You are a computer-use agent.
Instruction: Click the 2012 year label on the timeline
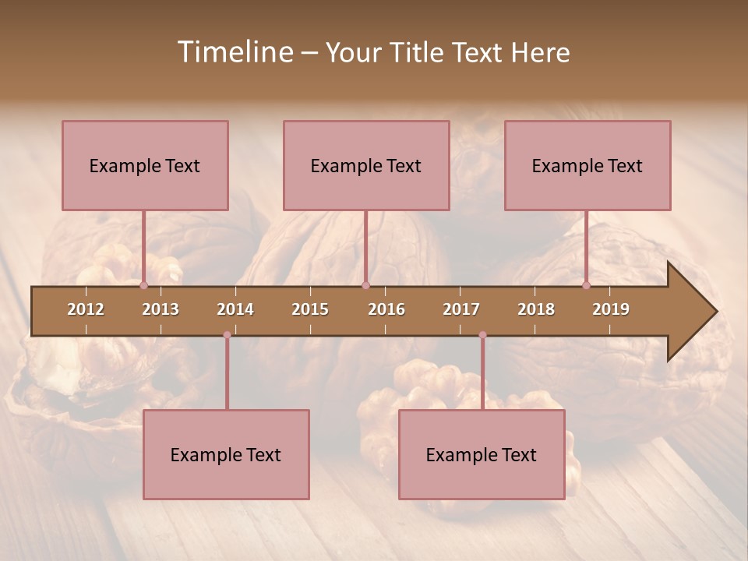click(x=86, y=309)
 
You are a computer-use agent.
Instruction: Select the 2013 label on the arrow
click(x=161, y=309)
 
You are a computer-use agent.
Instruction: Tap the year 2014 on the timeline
click(x=235, y=309)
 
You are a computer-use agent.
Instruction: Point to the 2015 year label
click(x=310, y=309)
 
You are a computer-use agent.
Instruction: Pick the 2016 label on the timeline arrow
click(x=386, y=309)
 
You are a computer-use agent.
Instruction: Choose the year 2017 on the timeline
click(x=461, y=309)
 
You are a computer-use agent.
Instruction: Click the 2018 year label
click(x=536, y=309)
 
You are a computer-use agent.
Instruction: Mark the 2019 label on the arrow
click(x=611, y=309)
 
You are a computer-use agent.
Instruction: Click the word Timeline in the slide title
click(x=234, y=52)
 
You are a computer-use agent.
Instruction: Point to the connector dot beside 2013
click(x=144, y=285)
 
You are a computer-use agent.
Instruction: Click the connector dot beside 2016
click(x=366, y=285)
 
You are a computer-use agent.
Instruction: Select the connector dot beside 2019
click(x=587, y=285)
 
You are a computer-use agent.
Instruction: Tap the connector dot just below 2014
click(x=227, y=335)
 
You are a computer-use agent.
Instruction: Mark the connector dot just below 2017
click(x=482, y=335)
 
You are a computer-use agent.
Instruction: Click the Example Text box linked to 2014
click(x=226, y=454)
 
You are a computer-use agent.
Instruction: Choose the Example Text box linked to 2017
click(x=482, y=454)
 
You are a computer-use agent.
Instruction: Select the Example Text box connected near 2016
click(x=366, y=165)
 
